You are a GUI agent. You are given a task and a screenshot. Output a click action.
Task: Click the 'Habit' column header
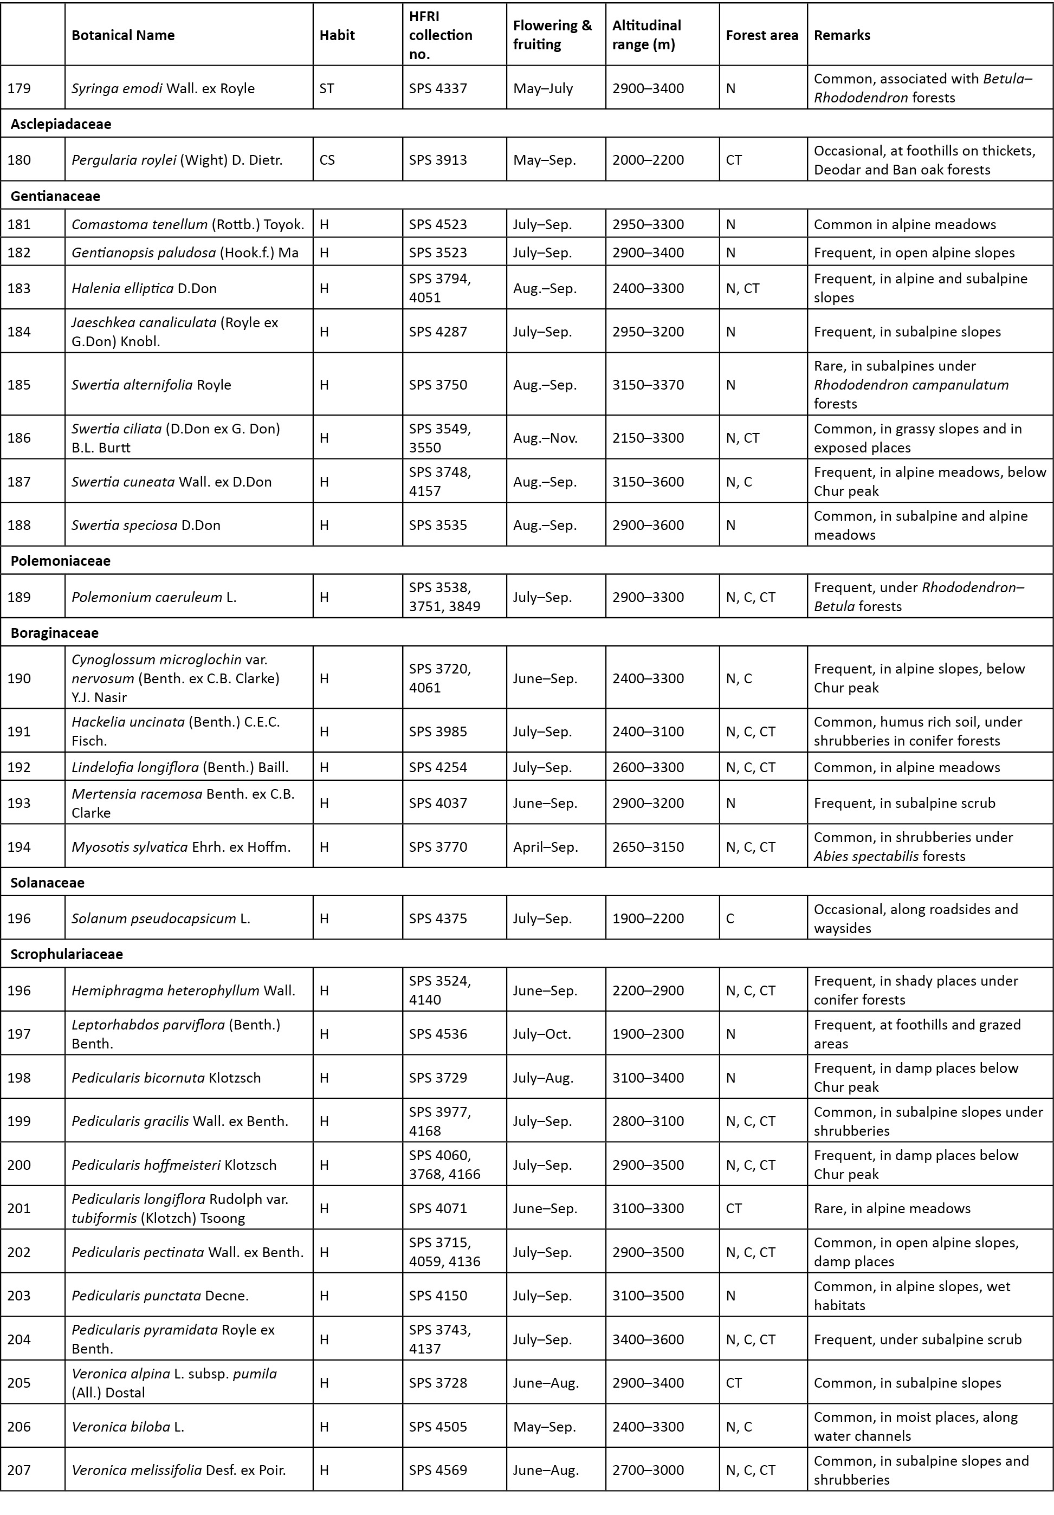(x=337, y=35)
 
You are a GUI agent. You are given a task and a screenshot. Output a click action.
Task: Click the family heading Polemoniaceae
(x=60, y=561)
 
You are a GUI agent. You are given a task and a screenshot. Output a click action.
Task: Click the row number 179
(x=19, y=88)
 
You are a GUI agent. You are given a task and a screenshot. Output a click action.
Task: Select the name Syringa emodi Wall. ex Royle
(x=163, y=88)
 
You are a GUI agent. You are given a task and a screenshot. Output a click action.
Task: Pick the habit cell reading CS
(x=327, y=160)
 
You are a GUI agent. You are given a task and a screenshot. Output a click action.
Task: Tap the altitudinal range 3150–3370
(x=648, y=385)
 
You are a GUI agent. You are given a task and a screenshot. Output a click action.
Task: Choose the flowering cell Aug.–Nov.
(x=545, y=437)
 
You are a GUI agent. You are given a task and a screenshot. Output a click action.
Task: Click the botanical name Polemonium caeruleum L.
(x=154, y=597)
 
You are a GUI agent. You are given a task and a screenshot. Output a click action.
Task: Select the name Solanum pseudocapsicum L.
(x=160, y=918)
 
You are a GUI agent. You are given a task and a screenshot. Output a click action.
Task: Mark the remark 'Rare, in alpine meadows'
(x=891, y=1208)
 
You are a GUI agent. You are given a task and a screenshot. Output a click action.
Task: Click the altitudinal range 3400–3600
(x=648, y=1339)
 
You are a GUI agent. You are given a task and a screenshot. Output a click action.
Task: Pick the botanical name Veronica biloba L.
(x=127, y=1427)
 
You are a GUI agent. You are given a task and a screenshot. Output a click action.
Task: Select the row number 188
(x=19, y=525)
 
